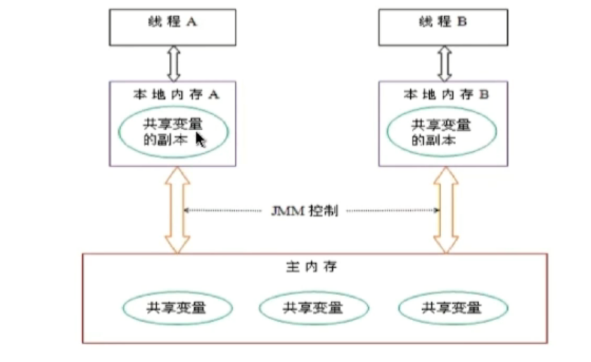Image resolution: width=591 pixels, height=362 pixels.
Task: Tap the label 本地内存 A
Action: click(x=174, y=93)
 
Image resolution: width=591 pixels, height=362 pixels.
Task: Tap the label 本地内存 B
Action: click(x=445, y=93)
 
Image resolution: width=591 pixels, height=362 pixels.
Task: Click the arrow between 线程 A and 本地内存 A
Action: click(x=173, y=63)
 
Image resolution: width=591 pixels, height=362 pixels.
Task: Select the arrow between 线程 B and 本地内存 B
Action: click(x=443, y=63)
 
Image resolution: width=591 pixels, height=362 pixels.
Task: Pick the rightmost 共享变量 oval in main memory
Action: click(x=452, y=307)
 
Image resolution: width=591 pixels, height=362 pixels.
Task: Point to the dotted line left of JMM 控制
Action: click(x=225, y=210)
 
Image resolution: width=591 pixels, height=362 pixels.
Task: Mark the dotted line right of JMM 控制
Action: click(x=390, y=210)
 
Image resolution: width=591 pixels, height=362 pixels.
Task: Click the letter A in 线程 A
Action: click(x=191, y=21)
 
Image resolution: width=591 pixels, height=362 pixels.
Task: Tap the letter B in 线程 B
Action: click(x=462, y=21)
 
